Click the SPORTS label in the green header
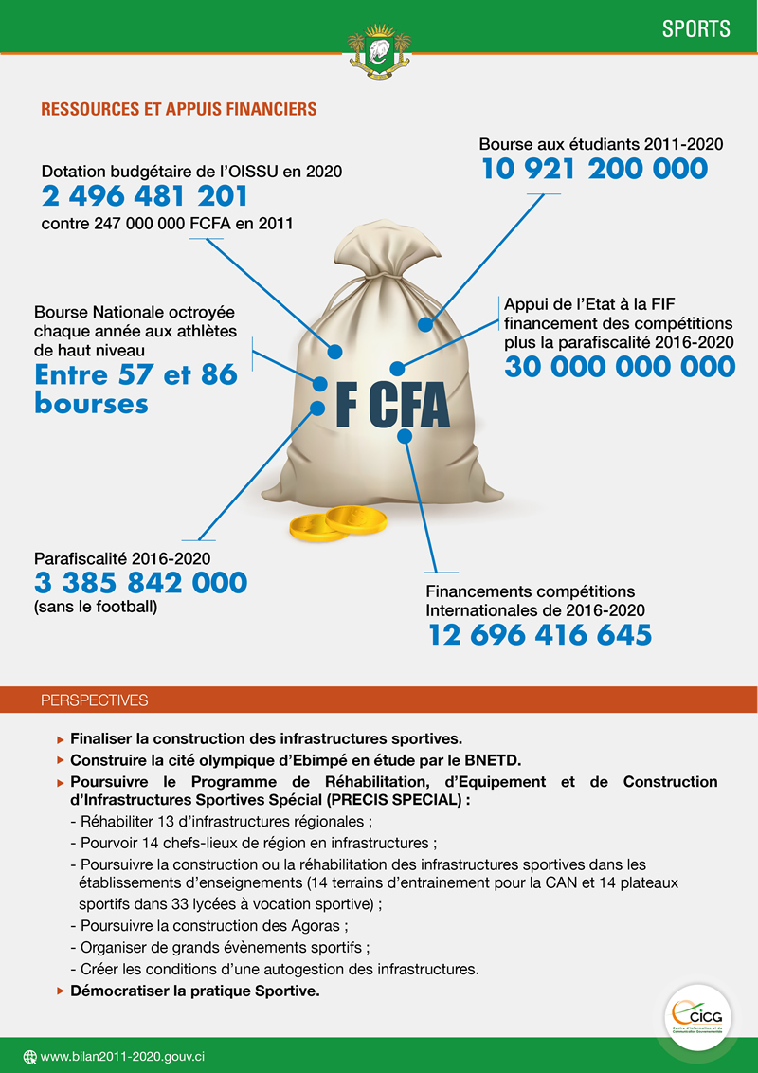pos(695,28)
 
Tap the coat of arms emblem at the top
pos(379,53)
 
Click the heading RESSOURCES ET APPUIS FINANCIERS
pos(178,110)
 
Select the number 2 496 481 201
pos(145,197)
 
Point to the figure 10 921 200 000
pos(594,170)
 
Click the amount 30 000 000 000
pos(620,367)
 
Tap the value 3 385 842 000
pos(140,582)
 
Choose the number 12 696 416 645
pos(540,634)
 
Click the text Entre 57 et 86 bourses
pos(135,389)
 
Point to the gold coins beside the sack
pos(339,522)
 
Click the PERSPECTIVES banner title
pos(95,700)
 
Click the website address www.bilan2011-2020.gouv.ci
pos(123,1056)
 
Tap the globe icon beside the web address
pos(29,1056)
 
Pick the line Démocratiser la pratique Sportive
pos(195,991)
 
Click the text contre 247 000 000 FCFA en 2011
pos(167,225)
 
